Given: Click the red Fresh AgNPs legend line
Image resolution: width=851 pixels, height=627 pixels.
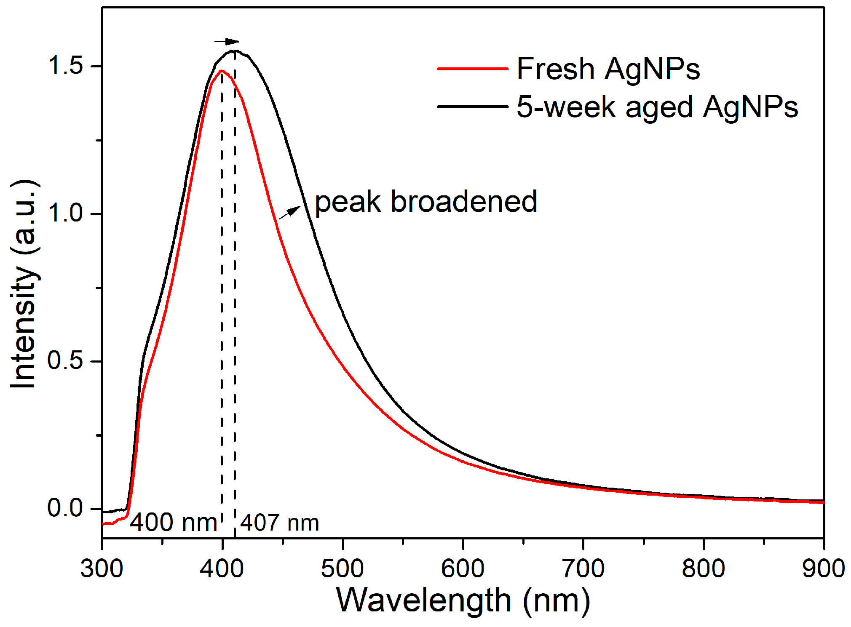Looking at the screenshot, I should [x=473, y=68].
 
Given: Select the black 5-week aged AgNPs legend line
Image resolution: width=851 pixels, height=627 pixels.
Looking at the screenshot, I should [x=473, y=107].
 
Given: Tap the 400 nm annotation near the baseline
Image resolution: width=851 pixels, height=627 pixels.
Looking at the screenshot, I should [x=173, y=523].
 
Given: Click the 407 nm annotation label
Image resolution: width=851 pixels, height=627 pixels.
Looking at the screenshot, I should [x=280, y=523].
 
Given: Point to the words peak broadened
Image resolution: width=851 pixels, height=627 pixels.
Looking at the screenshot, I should [x=426, y=202].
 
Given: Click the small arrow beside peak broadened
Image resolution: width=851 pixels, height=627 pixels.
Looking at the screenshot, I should [x=290, y=212].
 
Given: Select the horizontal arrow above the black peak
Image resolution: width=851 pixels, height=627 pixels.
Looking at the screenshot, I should [x=227, y=41].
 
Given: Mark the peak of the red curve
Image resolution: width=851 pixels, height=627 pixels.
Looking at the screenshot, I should [x=221, y=71].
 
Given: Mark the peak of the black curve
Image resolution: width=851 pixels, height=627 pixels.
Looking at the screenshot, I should [x=235, y=51].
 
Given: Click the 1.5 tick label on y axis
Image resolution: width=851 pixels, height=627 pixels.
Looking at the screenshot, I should [x=66, y=66].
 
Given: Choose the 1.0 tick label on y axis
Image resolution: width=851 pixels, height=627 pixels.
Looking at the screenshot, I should [x=66, y=213].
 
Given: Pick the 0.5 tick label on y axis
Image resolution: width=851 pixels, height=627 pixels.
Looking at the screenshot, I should [x=66, y=361].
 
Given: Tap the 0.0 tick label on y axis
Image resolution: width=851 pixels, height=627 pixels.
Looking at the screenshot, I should [x=66, y=508].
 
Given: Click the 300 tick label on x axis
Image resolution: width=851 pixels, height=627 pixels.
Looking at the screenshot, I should [x=102, y=568].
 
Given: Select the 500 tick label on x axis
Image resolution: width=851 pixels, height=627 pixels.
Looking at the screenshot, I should [x=343, y=568].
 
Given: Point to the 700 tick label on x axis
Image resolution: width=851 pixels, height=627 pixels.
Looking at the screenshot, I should [x=583, y=568].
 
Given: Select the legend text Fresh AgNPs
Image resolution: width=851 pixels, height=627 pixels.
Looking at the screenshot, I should [x=608, y=68].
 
